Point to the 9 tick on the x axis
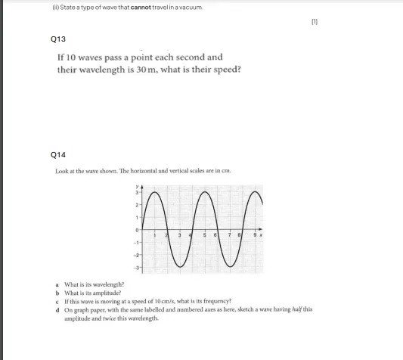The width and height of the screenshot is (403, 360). click(255, 235)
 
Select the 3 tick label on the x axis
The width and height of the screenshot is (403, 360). click(179, 235)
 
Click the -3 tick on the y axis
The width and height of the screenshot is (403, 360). click(137, 268)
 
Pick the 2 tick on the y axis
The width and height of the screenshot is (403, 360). click(137, 204)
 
